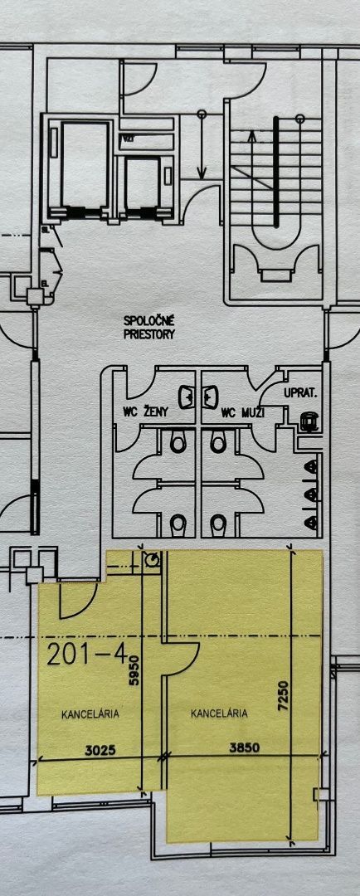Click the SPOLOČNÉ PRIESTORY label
[x=149, y=328]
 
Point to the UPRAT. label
[x=301, y=393]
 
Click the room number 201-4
[x=87, y=655]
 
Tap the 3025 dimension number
[x=100, y=751]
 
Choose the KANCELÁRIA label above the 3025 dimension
[x=90, y=713]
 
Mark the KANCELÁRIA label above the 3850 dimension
[x=219, y=713]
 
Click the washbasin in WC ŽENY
[x=187, y=397]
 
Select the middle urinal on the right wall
[x=311, y=493]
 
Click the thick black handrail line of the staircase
[x=276, y=172]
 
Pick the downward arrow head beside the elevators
[x=201, y=172]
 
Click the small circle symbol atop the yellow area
[x=152, y=561]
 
